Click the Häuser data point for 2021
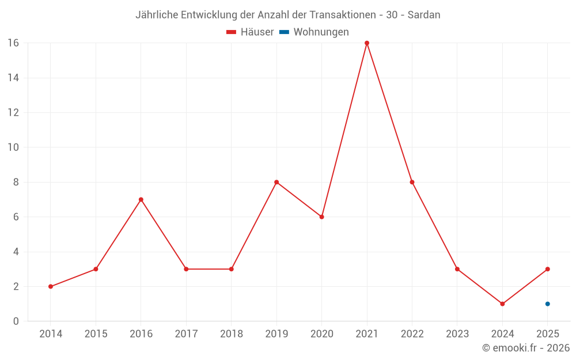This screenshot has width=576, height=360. point(367,43)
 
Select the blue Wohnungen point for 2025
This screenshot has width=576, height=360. point(548,304)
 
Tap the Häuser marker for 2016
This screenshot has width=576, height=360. point(141,199)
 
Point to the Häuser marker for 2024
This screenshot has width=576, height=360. point(502,304)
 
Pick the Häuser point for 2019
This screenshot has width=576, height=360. point(276,182)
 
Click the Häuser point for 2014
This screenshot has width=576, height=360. point(51,286)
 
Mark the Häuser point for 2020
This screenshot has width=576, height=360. point(321,217)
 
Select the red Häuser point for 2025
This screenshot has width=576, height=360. point(548,269)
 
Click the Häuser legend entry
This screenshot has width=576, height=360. point(250,32)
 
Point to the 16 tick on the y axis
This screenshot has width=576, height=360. point(13,43)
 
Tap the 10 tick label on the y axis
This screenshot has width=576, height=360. point(13,147)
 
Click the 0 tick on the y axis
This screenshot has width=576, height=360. point(16,321)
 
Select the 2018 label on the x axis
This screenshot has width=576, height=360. point(231,334)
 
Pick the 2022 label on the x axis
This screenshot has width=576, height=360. point(412,334)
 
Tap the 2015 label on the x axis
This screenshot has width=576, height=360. point(96,334)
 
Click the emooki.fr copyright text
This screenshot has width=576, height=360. point(526,348)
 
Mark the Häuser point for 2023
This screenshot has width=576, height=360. point(457,269)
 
